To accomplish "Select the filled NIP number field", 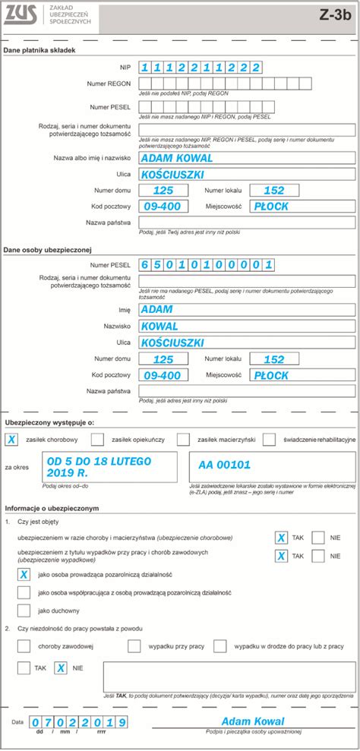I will click(x=201, y=67).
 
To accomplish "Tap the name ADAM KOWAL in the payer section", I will click(x=178, y=158).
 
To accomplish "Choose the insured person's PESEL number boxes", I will click(x=207, y=265).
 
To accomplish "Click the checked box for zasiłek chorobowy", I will click(x=12, y=439).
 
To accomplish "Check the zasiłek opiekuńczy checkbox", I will click(x=97, y=439).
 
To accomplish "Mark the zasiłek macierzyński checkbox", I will click(x=183, y=439).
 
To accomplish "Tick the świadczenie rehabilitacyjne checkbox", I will click(x=270, y=439).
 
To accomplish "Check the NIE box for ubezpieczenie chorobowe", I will click(x=319, y=537).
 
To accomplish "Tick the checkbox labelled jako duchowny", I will click(x=24, y=610).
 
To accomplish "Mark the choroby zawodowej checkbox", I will click(x=24, y=645).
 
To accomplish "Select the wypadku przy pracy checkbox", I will click(x=134, y=645).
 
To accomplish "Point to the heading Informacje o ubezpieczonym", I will click(x=51, y=507).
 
